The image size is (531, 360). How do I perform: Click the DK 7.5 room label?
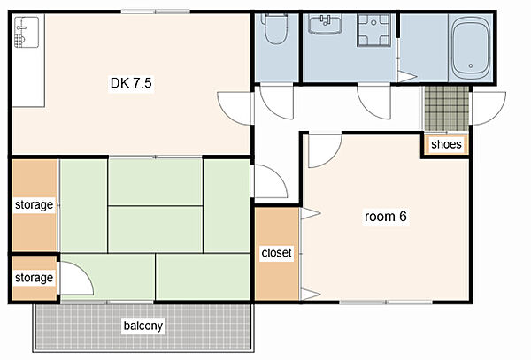(x=131, y=83)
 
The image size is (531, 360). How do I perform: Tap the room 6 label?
(x=385, y=216)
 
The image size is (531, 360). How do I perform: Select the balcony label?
(x=142, y=326)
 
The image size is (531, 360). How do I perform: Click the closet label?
(x=276, y=252)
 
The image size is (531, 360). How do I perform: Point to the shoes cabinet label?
(x=446, y=144)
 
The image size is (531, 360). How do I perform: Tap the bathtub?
(x=471, y=48)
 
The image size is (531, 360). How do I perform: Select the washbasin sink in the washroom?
(x=325, y=24)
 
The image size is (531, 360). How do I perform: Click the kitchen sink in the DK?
(x=27, y=32)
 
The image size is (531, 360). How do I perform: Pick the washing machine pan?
(x=373, y=30)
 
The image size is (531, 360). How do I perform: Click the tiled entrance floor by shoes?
(x=446, y=109)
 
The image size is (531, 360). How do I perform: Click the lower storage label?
(x=34, y=278)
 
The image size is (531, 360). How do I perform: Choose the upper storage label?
(x=34, y=204)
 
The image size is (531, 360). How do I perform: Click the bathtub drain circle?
(x=471, y=66)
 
